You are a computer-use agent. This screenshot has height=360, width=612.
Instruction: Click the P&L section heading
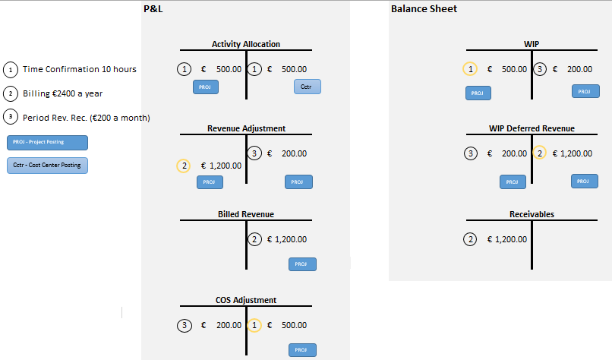(153, 8)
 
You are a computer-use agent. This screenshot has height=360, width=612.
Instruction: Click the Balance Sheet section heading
(424, 8)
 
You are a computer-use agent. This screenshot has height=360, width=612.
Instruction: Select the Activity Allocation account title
(245, 44)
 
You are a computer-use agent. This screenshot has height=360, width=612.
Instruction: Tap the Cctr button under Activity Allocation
(307, 87)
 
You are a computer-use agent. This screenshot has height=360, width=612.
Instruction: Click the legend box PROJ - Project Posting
(47, 142)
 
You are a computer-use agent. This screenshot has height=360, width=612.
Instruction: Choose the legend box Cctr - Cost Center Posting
(47, 165)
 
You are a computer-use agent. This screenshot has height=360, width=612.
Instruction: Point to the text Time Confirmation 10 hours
(80, 69)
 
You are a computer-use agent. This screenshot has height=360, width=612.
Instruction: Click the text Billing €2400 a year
(62, 93)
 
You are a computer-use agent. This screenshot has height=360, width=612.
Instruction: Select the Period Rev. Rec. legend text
(86, 118)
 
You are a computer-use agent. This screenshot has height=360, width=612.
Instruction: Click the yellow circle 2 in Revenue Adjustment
(183, 166)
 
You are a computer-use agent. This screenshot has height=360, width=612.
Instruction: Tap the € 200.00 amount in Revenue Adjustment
(287, 153)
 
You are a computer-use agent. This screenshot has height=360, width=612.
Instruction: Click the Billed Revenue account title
(245, 214)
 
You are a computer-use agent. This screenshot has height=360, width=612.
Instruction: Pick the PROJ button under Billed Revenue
(302, 264)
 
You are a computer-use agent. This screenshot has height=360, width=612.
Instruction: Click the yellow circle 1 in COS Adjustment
(256, 325)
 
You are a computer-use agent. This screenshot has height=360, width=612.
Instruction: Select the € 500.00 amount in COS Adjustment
(287, 325)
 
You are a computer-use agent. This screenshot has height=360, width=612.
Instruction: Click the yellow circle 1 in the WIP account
(470, 69)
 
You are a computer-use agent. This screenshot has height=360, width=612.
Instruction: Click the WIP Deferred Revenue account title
(532, 129)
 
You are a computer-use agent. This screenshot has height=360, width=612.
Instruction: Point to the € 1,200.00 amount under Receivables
(506, 240)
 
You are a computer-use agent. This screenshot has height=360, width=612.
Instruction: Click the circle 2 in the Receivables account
(470, 240)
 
